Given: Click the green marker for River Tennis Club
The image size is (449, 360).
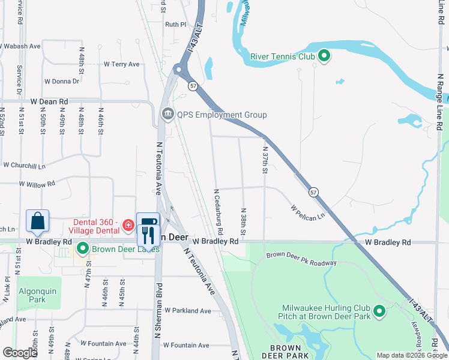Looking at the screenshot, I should tap(324, 56).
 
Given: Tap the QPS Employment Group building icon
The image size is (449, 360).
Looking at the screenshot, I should tap(166, 114).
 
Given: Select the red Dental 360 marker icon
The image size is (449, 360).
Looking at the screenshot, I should tap(128, 226).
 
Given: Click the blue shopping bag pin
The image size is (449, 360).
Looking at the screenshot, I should tap(38, 221).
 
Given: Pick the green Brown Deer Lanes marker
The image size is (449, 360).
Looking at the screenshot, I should tap(82, 248).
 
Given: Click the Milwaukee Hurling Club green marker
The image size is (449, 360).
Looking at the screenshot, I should tap(379, 311).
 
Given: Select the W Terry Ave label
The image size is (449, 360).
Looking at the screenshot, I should tap(121, 64).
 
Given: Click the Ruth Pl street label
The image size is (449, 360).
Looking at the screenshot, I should tap(176, 25).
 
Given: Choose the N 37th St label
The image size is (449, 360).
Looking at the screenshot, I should tap(264, 161).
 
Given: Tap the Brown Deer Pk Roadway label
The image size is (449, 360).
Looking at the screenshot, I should tap(301, 259).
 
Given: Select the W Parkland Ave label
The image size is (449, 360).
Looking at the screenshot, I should tap(188, 311).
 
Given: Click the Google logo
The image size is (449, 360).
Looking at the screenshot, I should tap(20, 353).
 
